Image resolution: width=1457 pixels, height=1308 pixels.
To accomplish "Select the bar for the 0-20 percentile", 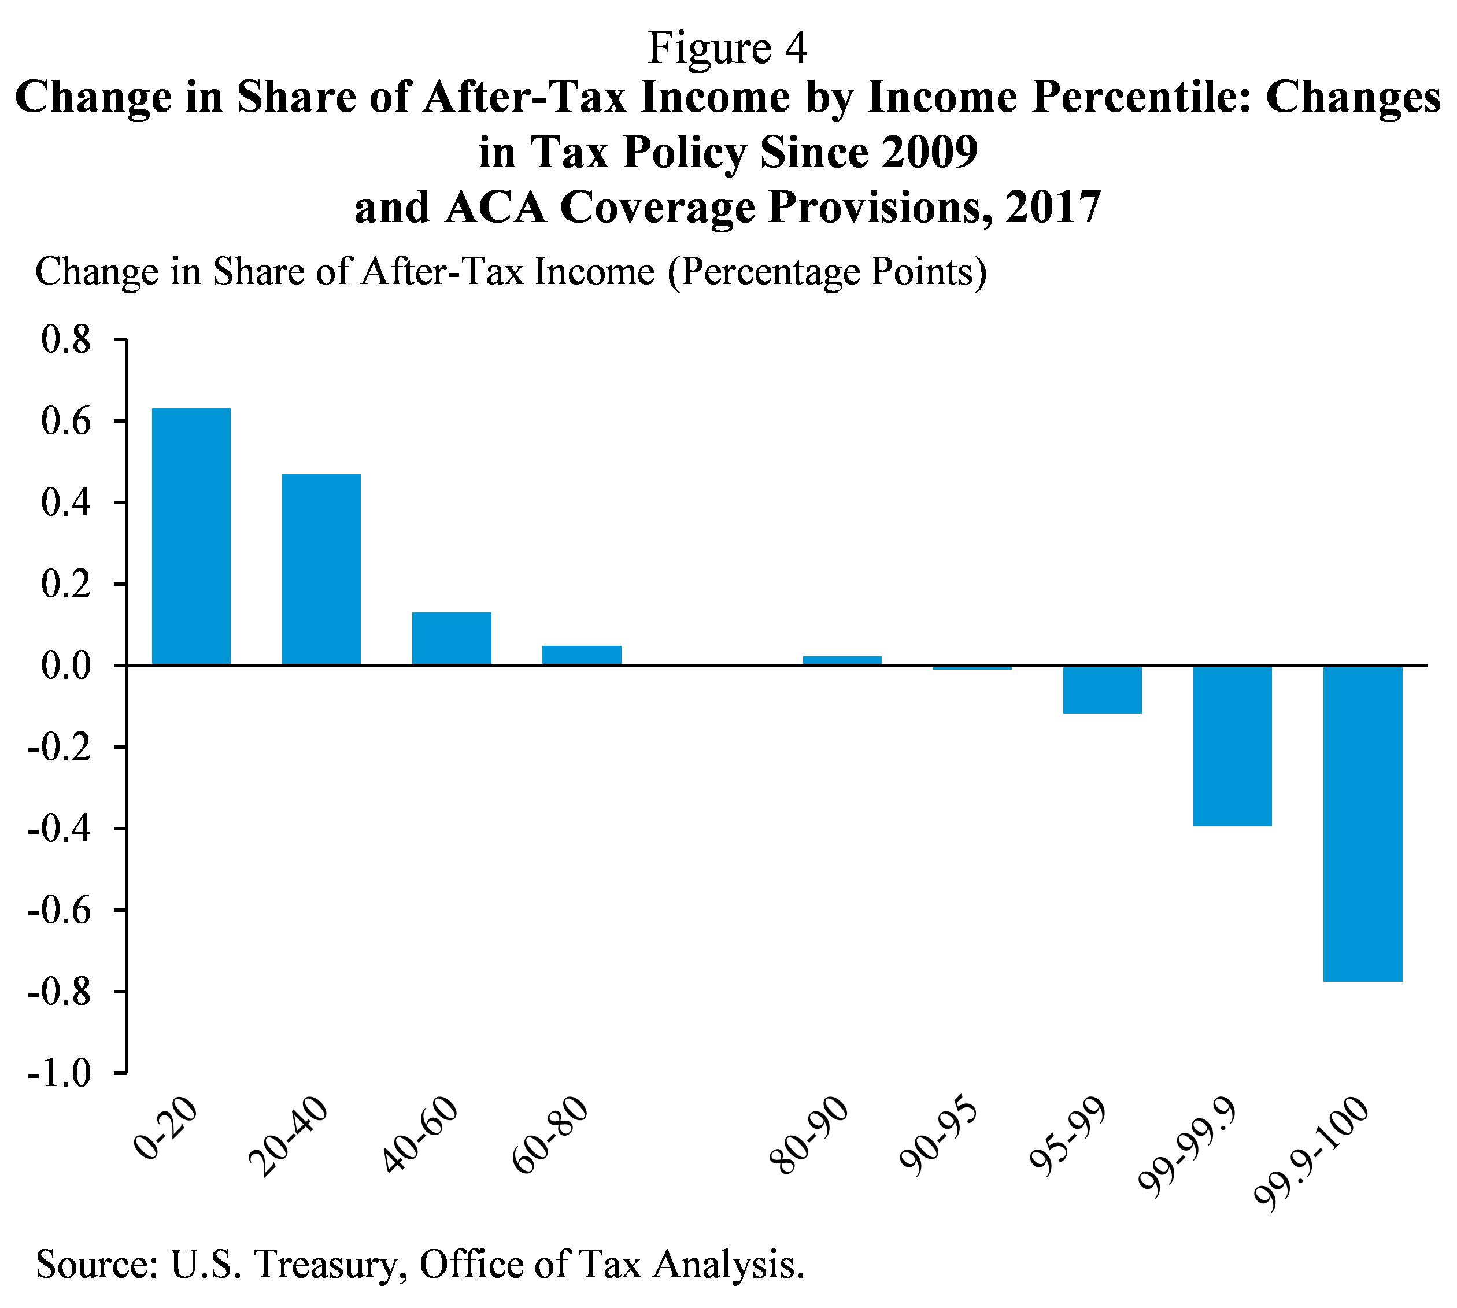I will [191, 536].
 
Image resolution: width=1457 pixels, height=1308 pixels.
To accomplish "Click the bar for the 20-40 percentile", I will [321, 569].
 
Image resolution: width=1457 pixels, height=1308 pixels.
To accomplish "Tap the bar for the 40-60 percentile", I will [451, 638].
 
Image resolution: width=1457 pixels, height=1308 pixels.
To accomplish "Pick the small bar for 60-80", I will [581, 655].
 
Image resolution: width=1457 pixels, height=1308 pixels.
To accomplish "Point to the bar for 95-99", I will [1102, 689].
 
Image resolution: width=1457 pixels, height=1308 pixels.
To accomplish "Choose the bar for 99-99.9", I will [1232, 745].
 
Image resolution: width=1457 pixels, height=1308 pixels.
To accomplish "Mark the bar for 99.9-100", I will [1362, 823].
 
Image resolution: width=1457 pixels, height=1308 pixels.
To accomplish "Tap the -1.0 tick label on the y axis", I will [60, 1074].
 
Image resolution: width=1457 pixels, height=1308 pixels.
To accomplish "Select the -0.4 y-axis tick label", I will [60, 829].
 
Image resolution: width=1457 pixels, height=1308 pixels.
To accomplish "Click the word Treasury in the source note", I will [326, 1264].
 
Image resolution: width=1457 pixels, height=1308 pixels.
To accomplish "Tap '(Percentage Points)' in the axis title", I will [827, 272].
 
